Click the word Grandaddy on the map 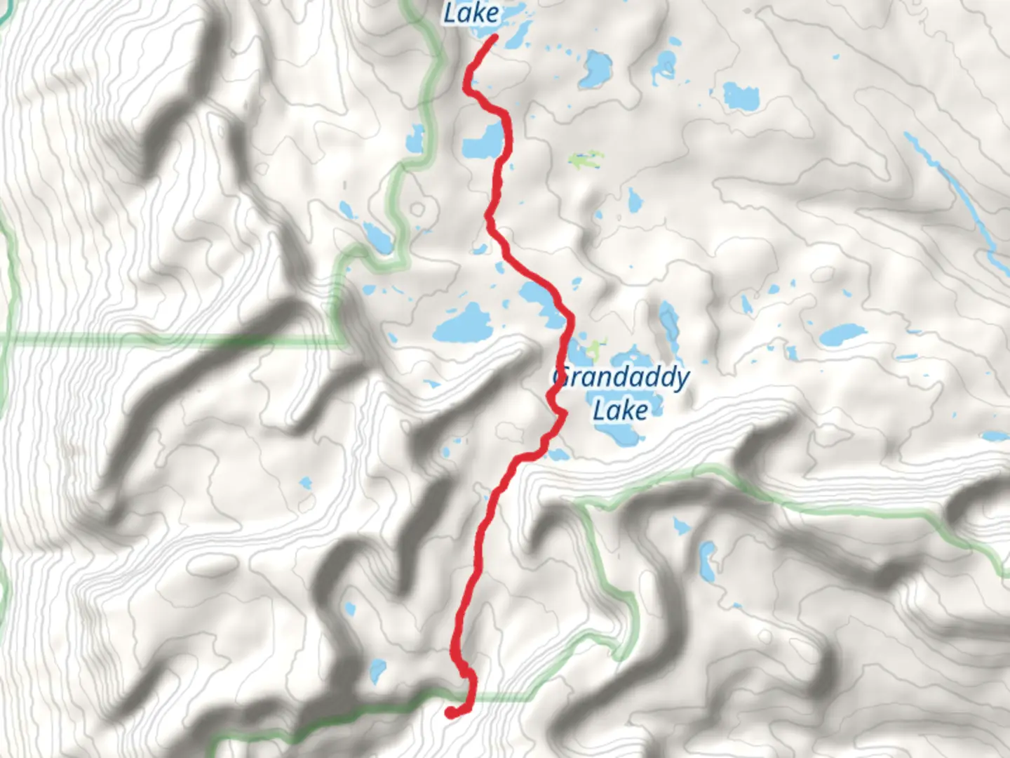621,379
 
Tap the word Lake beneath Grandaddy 620,409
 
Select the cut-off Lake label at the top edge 471,12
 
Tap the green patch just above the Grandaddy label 595,346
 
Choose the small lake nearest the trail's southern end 377,670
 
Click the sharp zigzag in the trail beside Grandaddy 560,415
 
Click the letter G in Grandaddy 559,379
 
